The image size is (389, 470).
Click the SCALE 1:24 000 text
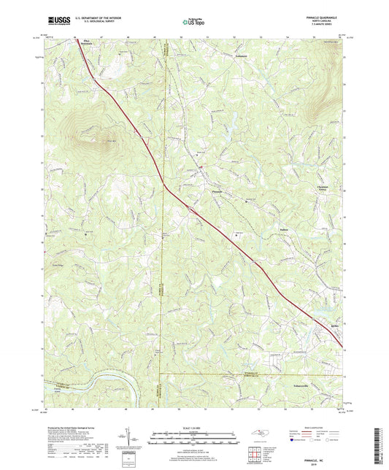(x=194, y=427)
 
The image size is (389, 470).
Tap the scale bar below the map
(x=194, y=438)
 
